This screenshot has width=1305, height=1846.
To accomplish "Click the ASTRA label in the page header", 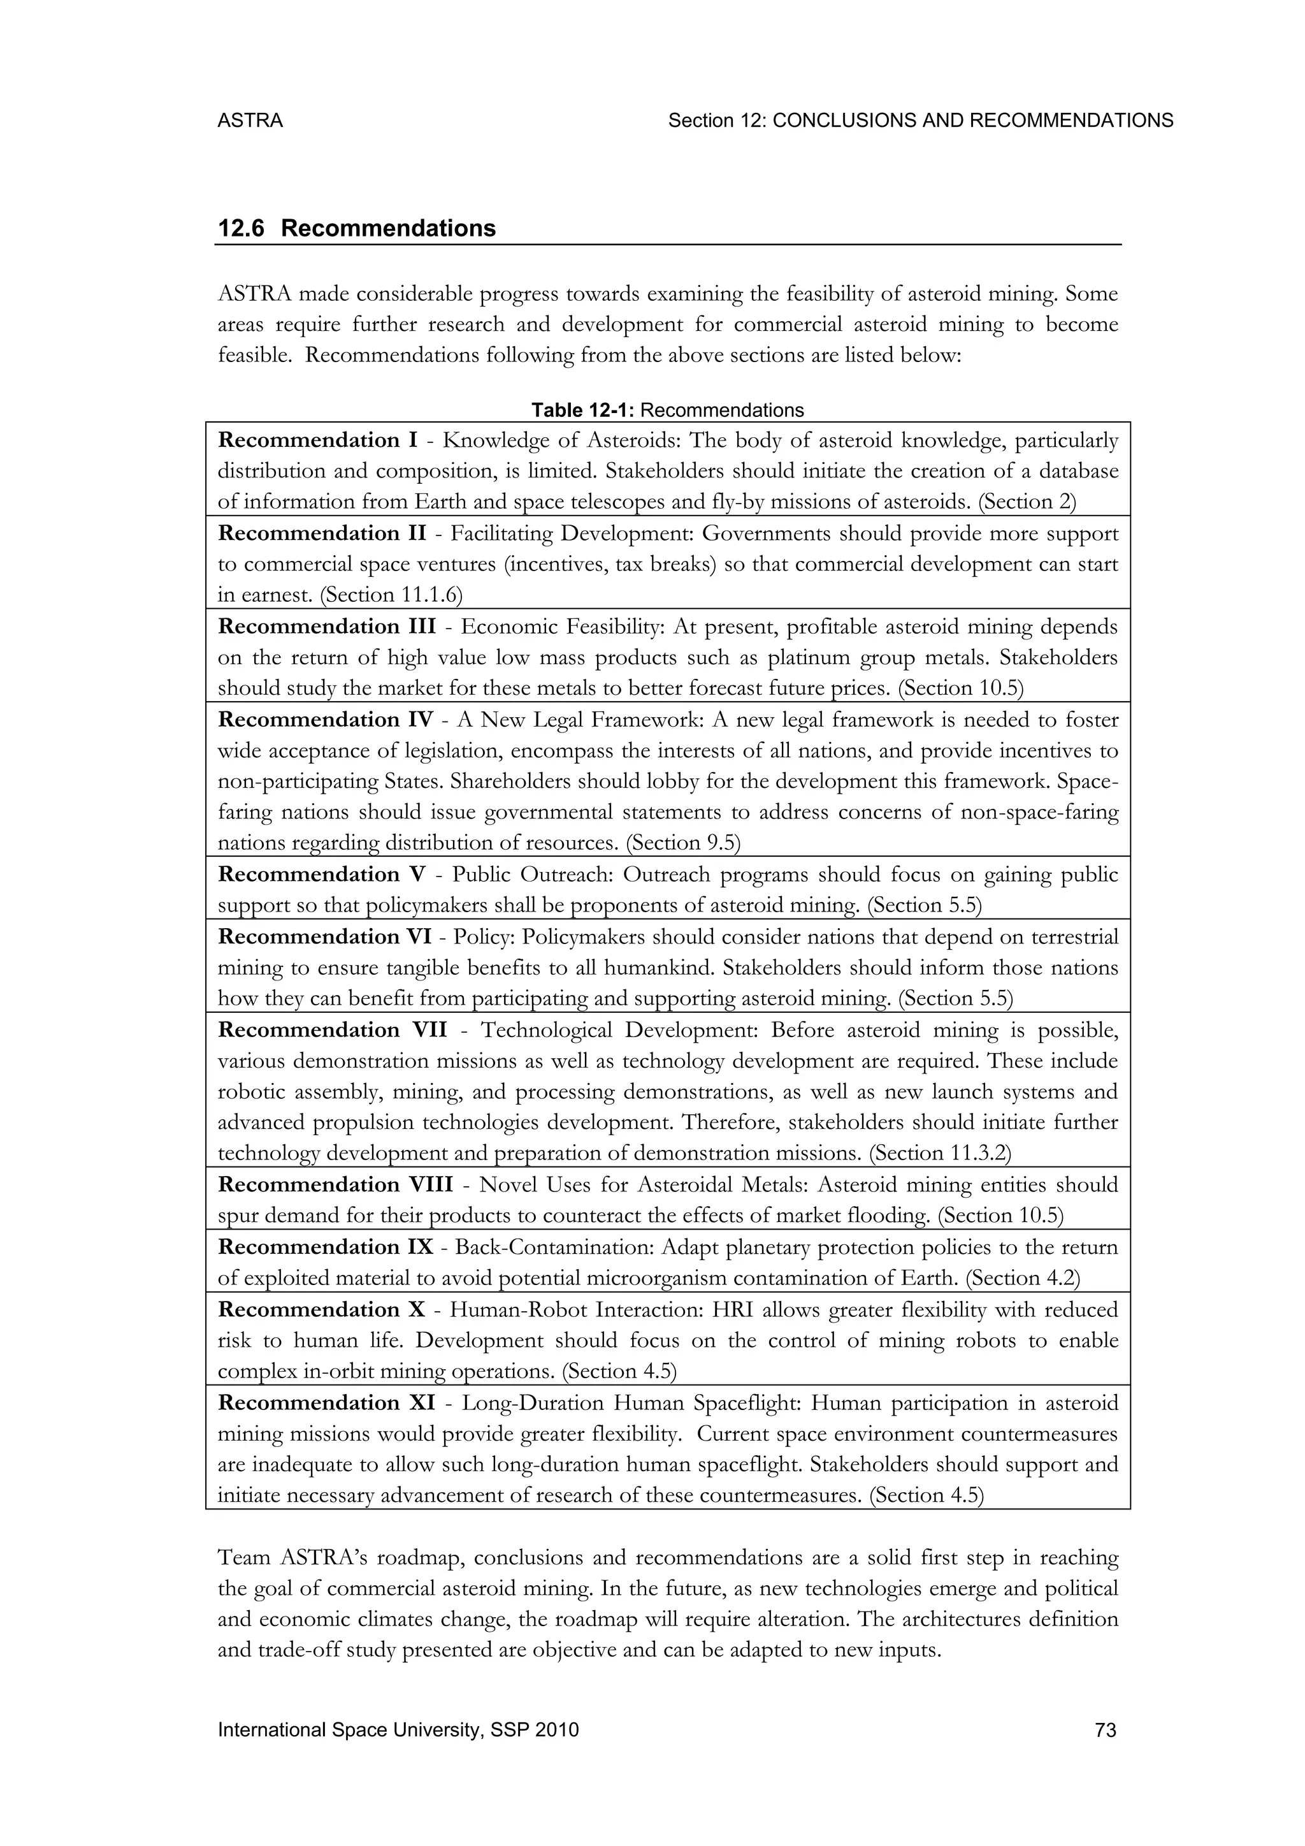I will (250, 120).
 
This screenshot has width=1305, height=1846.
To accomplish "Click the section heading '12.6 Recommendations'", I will (357, 228).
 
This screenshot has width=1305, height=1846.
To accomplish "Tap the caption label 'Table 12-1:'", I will (584, 411).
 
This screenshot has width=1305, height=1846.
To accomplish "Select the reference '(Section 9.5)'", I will (682, 843).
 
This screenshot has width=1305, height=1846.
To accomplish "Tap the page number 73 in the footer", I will (1106, 1730).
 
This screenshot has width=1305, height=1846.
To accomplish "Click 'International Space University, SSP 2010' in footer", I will (398, 1730).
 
